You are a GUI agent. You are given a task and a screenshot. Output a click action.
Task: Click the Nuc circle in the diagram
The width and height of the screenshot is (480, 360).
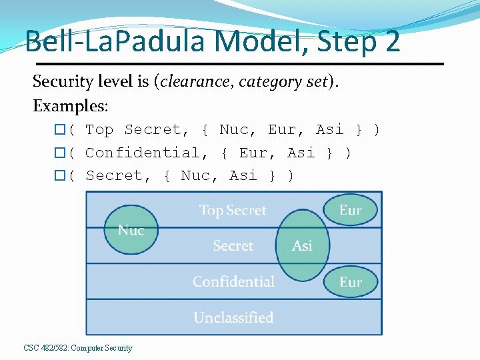tap(131, 229)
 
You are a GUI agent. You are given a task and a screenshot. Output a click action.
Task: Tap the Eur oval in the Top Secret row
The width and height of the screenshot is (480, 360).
tap(350, 210)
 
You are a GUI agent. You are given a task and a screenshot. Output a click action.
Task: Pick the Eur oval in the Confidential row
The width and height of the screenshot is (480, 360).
tap(350, 282)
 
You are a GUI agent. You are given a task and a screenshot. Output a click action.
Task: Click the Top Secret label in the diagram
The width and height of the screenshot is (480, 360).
tap(233, 211)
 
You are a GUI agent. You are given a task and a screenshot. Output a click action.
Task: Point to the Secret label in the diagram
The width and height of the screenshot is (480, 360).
tap(233, 246)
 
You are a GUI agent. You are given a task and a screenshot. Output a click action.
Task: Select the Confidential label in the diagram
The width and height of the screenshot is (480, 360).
tap(233, 282)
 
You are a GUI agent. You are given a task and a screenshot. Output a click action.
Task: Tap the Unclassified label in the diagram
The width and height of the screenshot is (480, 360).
tap(233, 318)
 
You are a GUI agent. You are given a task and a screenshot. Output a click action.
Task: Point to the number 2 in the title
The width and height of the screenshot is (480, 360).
tap(391, 41)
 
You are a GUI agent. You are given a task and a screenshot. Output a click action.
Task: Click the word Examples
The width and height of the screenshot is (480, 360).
tap(71, 106)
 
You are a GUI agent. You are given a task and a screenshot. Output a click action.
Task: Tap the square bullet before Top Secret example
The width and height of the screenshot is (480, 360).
tap(59, 130)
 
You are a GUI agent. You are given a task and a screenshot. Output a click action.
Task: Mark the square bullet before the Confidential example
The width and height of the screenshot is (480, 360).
tap(59, 153)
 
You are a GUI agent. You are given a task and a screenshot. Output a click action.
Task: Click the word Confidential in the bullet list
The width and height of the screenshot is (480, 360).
tap(142, 153)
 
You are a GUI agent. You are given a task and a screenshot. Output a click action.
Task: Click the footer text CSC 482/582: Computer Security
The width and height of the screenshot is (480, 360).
tap(78, 348)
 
